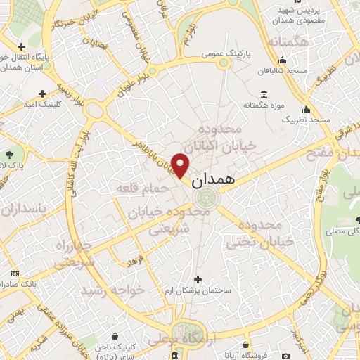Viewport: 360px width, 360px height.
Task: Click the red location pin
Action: click(x=181, y=165)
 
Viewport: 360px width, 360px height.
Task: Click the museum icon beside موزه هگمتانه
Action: click(x=264, y=94)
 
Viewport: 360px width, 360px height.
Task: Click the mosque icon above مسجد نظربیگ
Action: click(x=306, y=109)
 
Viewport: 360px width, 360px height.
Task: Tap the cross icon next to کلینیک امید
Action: click(x=43, y=93)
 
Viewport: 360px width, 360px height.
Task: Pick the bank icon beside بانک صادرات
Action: click(x=15, y=273)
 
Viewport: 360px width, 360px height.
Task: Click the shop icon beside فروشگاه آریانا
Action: click(x=245, y=345)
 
